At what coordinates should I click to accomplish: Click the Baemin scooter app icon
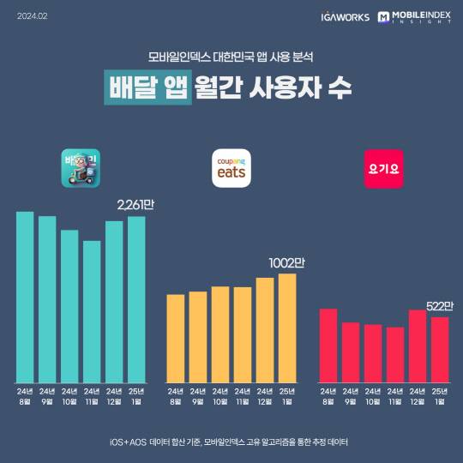(81, 169)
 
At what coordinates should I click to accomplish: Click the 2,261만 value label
(141, 205)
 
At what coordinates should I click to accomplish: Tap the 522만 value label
(440, 306)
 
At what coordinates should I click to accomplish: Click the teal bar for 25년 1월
(136, 299)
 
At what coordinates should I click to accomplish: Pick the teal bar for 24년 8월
(25, 297)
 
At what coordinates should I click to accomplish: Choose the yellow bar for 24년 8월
(175, 339)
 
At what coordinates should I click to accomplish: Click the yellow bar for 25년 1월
(286, 328)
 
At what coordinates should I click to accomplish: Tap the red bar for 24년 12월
(417, 346)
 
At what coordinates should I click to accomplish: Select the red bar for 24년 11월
(394, 355)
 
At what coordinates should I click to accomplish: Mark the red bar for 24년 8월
(328, 346)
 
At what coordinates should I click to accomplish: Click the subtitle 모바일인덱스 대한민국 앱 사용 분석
(231, 58)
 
